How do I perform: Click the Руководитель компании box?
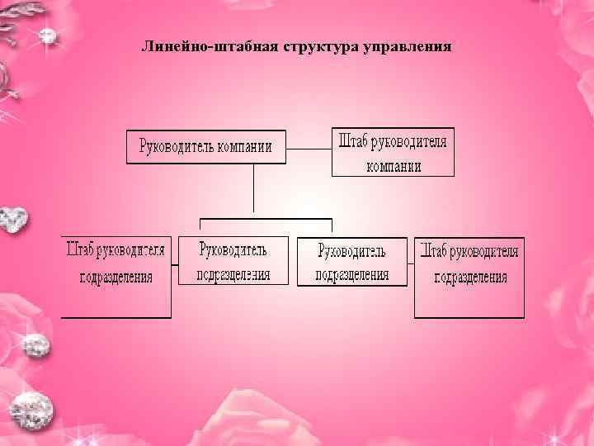pos(205,147)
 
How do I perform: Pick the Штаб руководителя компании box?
pos(393,152)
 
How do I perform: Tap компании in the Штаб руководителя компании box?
pos(394,165)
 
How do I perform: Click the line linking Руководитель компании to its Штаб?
pos(309,149)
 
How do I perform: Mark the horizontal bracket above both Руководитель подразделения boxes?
pos(266,220)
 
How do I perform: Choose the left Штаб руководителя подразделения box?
pos(115,277)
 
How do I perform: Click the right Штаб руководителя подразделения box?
pos(469,279)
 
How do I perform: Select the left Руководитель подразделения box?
pos(233,261)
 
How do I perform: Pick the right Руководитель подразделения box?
pos(352,262)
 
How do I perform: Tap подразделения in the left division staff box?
pos(115,277)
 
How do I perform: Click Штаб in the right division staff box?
pos(436,250)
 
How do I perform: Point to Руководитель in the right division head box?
pos(352,249)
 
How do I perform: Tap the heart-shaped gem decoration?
pos(14,219)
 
